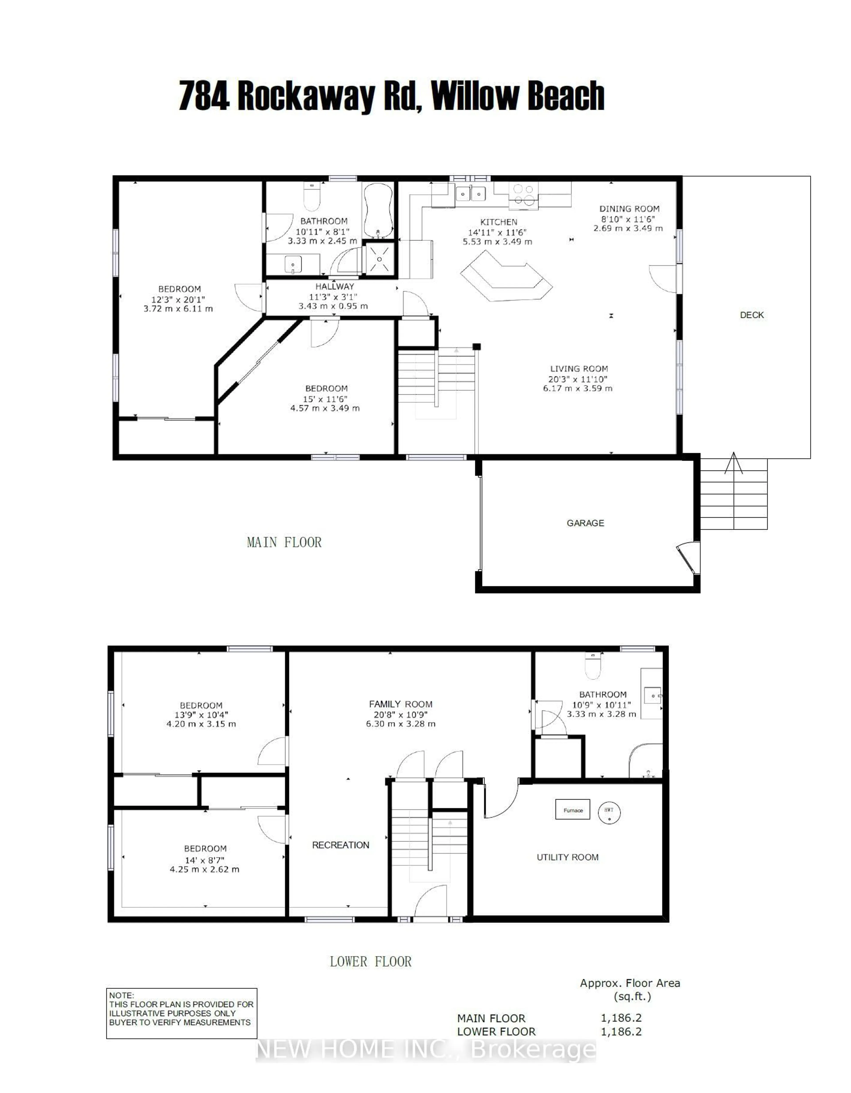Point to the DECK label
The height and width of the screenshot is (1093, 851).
click(x=751, y=315)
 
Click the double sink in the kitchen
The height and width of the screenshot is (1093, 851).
click(x=470, y=193)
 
